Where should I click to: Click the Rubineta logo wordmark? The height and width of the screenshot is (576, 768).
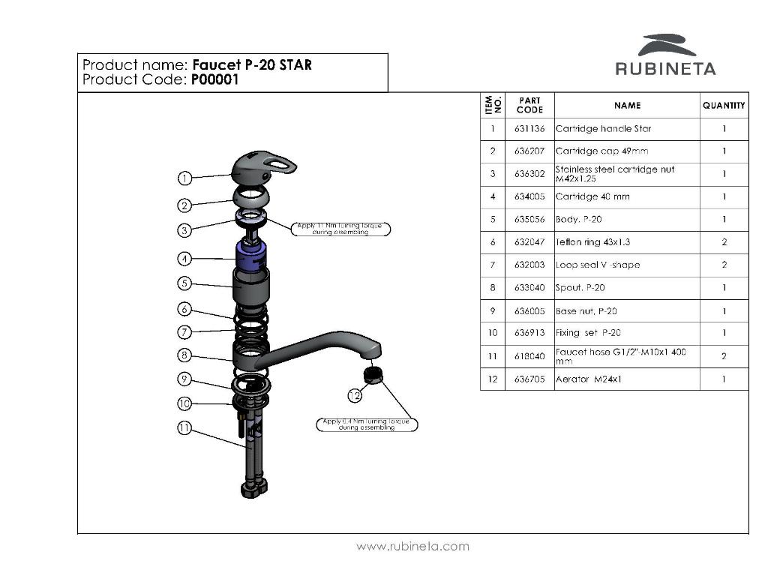click(x=665, y=69)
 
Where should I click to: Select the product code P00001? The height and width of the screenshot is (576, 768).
click(x=214, y=79)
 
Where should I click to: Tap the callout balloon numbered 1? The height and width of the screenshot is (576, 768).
click(x=184, y=178)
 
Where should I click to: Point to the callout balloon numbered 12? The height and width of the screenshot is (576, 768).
click(x=355, y=394)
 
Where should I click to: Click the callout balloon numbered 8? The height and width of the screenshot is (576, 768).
click(x=184, y=355)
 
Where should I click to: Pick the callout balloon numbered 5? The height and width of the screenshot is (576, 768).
click(x=184, y=283)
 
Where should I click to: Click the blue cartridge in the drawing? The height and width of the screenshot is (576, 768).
click(x=252, y=257)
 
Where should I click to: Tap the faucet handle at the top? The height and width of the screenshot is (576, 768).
click(x=261, y=166)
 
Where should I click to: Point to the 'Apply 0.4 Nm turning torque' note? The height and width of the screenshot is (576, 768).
click(x=367, y=424)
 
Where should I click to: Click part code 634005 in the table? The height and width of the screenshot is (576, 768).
click(x=529, y=197)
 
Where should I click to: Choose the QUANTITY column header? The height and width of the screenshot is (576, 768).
click(x=724, y=106)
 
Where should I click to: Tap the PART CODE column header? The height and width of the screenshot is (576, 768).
click(x=529, y=105)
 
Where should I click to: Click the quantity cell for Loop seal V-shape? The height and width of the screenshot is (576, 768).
click(x=724, y=265)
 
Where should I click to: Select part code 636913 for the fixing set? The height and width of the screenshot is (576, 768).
click(x=529, y=333)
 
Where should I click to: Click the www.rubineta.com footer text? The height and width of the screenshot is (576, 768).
click(x=412, y=546)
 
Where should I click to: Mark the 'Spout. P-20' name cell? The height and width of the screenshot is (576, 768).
click(x=580, y=288)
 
